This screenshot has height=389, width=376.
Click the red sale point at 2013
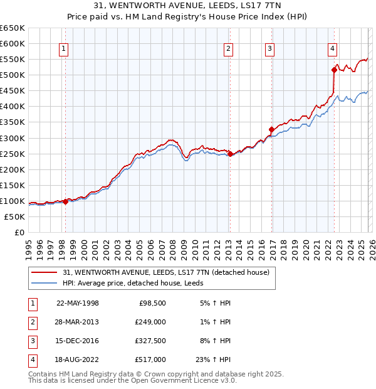(230, 154)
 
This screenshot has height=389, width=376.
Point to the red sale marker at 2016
(271, 129)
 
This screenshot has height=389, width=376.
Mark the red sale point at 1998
(65, 201)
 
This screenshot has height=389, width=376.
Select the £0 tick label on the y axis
(19, 232)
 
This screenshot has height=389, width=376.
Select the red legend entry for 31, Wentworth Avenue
(166, 272)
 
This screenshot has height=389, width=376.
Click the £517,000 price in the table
(150, 360)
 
